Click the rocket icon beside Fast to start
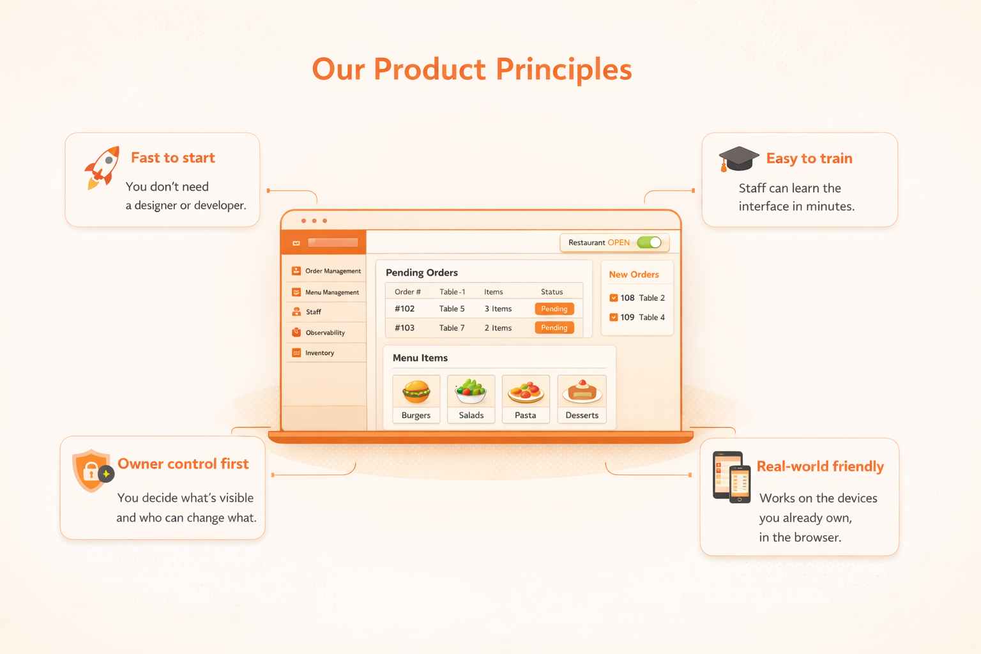(x=102, y=167)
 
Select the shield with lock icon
(x=92, y=470)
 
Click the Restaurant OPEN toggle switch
(x=650, y=243)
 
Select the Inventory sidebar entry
(x=319, y=353)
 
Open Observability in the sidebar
(x=324, y=333)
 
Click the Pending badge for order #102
(x=554, y=309)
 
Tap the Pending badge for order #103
(x=554, y=328)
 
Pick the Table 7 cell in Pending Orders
(x=452, y=328)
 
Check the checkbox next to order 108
(x=614, y=298)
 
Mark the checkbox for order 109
(x=614, y=317)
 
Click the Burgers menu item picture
(x=416, y=392)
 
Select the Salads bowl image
(x=471, y=392)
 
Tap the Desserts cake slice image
(x=582, y=392)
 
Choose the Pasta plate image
(x=526, y=392)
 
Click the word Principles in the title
(x=563, y=70)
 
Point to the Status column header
(x=552, y=292)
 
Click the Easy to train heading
(x=809, y=158)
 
